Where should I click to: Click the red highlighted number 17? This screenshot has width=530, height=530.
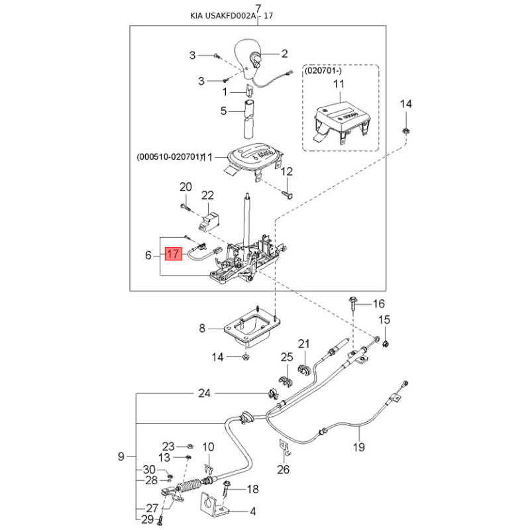[173, 254]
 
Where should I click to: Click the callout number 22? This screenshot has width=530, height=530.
[207, 195]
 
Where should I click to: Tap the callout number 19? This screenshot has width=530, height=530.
[358, 447]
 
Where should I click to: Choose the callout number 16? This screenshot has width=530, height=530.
[378, 304]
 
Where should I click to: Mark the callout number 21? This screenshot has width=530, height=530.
[304, 343]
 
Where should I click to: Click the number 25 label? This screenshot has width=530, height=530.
[286, 358]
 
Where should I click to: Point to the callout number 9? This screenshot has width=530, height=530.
[121, 456]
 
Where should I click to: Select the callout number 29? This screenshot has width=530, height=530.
[146, 519]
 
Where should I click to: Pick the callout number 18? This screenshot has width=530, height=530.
[252, 490]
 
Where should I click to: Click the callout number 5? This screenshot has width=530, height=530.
[223, 111]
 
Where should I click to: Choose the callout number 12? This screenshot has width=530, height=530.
[286, 172]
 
